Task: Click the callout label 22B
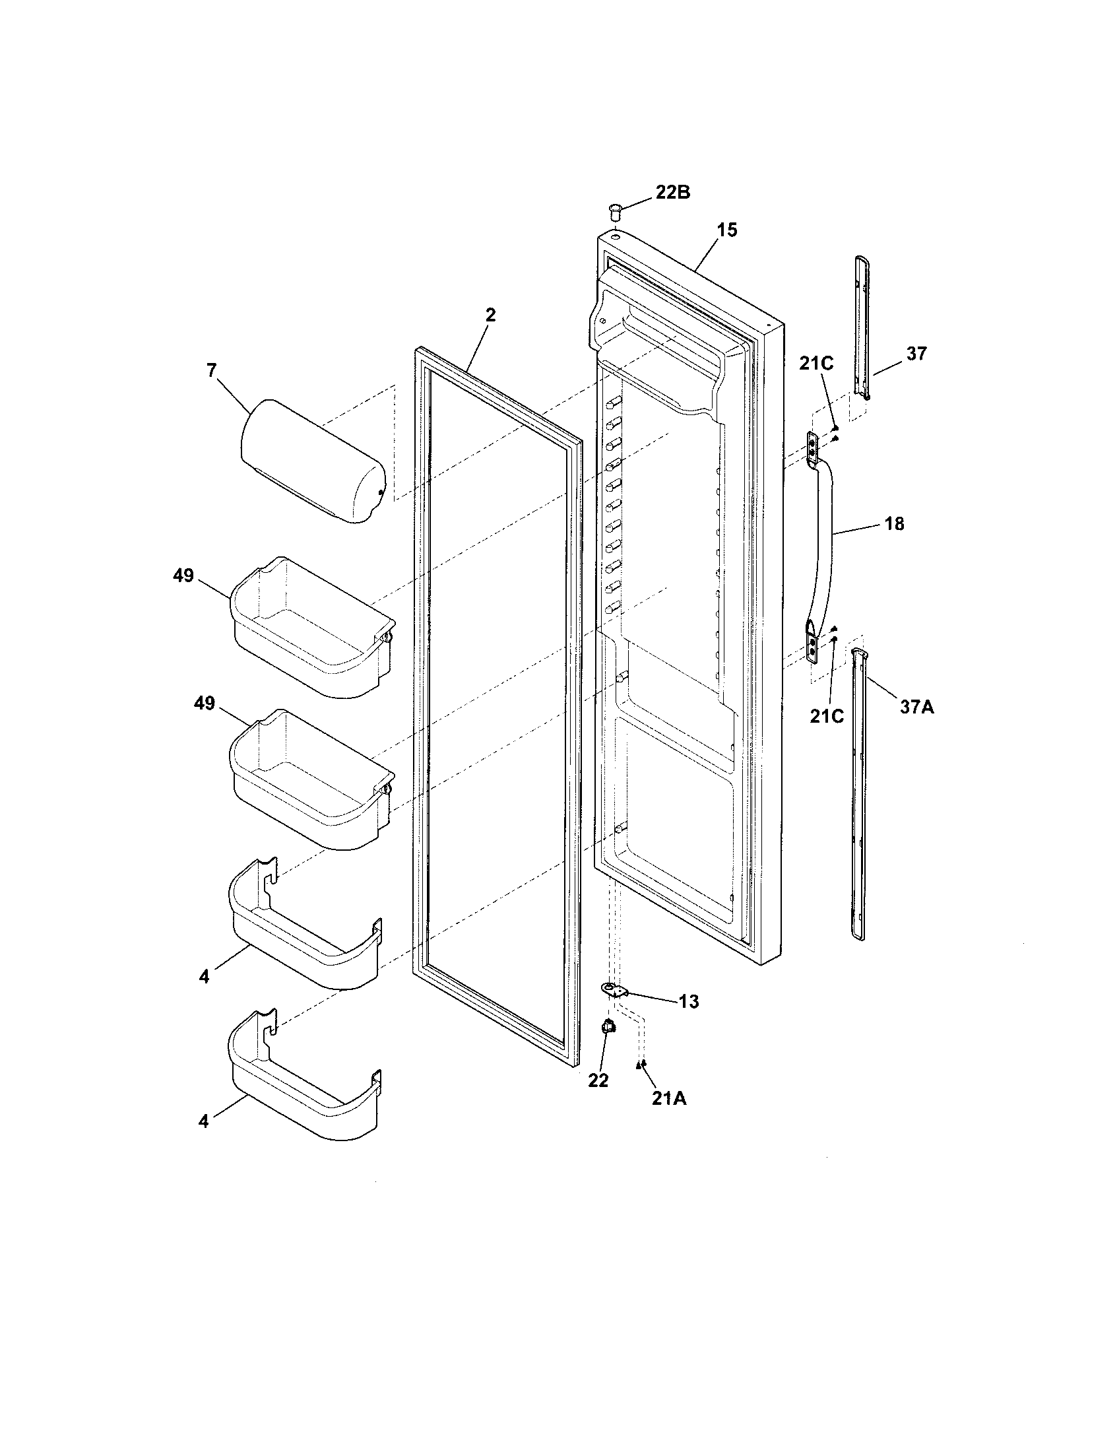coord(672,193)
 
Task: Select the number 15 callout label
coord(727,230)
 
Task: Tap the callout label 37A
coord(916,708)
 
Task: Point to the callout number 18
coord(895,524)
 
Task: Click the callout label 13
coord(689,1001)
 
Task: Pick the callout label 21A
coord(668,1099)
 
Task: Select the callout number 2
coord(490,315)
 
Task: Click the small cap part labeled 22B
coord(616,214)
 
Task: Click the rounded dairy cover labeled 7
coord(312,461)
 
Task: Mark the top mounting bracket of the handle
coord(812,445)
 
